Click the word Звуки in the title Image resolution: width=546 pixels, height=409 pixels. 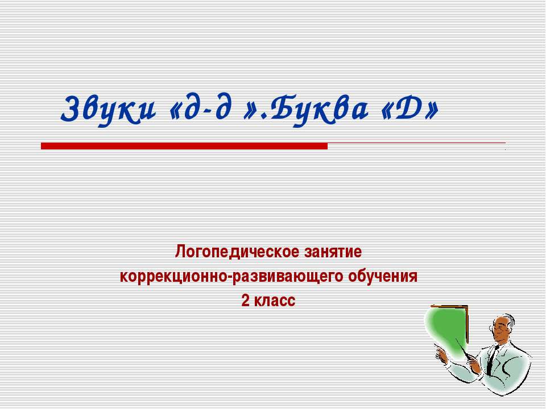click(108, 108)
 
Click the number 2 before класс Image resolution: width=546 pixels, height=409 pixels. click(245, 301)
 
